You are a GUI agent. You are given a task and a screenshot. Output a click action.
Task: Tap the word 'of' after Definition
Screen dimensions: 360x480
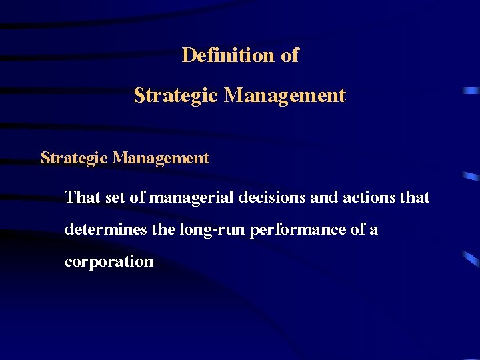tap(289, 55)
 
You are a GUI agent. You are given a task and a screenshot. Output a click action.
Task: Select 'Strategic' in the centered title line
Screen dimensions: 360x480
tap(176, 95)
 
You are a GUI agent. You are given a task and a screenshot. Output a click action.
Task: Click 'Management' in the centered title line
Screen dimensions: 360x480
tap(285, 95)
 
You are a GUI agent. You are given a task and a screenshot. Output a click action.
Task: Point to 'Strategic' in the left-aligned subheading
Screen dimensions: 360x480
tap(74, 158)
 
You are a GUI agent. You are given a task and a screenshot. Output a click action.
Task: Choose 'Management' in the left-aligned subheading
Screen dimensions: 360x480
tap(161, 158)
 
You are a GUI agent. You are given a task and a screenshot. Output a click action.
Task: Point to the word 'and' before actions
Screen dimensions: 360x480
tap(317, 197)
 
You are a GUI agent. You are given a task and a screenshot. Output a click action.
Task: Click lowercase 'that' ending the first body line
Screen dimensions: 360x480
tap(415, 197)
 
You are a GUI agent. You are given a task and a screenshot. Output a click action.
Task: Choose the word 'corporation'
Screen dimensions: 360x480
tap(109, 261)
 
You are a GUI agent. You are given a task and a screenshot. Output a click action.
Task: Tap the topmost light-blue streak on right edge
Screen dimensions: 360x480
tap(471, 89)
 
